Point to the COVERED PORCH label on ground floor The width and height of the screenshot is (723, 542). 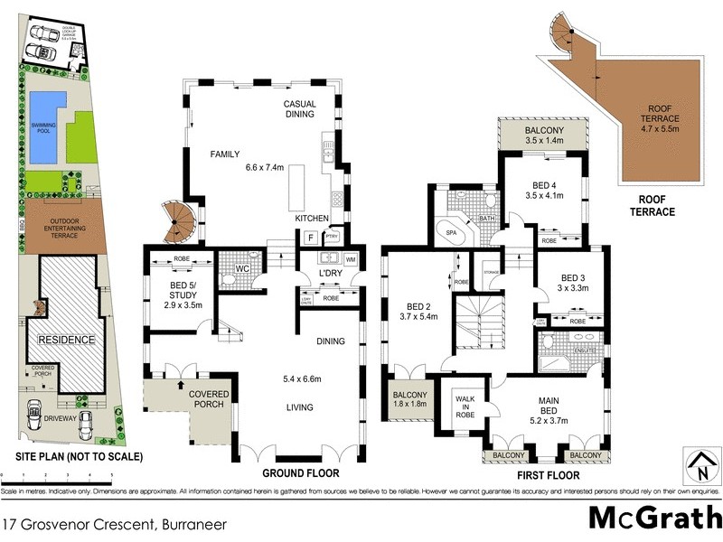click(x=208, y=399)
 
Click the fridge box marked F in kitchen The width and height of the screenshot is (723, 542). click(x=310, y=237)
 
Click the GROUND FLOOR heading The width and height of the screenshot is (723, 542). click(x=300, y=472)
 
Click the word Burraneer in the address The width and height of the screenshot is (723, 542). click(x=194, y=523)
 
